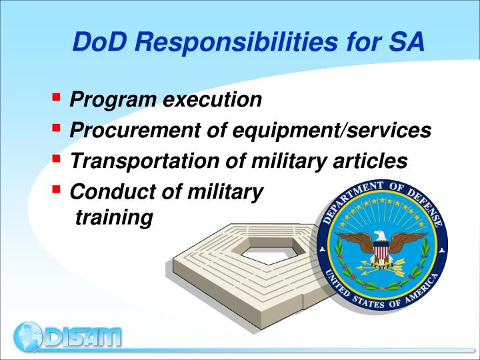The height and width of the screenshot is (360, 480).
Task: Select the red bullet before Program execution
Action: coord(56,97)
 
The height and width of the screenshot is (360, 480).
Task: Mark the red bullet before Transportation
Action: coord(56,158)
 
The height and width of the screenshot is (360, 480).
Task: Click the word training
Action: coord(114,217)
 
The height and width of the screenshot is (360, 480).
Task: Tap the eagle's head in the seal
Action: coord(380,235)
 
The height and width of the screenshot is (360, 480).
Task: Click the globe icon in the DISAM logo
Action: coord(28,337)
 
